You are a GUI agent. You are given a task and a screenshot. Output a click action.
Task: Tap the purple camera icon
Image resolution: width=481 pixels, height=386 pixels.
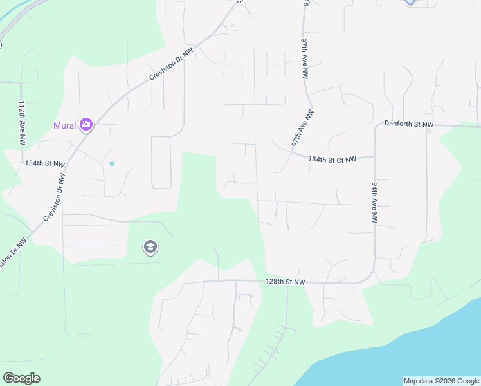[86, 125]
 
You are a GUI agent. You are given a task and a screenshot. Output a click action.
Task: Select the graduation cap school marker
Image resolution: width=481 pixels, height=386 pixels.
[150, 247]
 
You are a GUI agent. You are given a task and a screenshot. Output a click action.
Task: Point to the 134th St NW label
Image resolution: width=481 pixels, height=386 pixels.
[45, 164]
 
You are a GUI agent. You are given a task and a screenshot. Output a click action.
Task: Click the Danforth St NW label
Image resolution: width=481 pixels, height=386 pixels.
[409, 124]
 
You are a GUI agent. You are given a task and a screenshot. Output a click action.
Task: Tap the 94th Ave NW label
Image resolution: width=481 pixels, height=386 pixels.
[374, 202]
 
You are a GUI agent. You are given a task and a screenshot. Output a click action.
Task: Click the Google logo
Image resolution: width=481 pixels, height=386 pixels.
[21, 378]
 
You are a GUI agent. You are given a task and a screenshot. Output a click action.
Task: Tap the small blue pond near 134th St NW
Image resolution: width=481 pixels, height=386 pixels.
[112, 163]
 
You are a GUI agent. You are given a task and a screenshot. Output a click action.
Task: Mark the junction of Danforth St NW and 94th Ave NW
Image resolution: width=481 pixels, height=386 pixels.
[375, 125]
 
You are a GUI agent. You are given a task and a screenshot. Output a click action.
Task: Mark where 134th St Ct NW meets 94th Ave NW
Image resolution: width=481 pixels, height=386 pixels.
[375, 156]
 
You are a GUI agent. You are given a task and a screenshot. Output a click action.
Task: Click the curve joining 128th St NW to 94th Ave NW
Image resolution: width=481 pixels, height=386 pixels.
[369, 275]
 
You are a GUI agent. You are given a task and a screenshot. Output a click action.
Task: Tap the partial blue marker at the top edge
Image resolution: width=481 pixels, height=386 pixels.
[411, 2]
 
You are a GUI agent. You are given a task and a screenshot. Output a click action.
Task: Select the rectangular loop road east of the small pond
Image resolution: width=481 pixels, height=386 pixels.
[161, 162]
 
